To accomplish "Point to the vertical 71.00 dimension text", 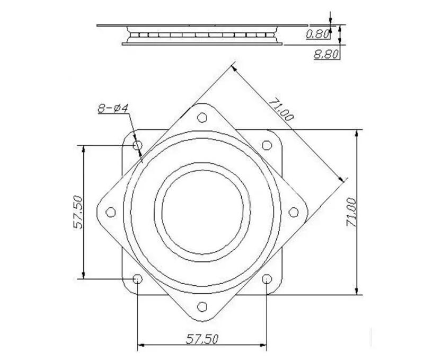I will (350, 212).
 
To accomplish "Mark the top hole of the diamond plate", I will (201, 118).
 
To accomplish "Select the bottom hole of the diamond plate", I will (201, 306).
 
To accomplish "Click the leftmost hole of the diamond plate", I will (110, 212).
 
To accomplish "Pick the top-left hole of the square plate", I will (137, 145).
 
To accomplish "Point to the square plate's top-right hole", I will (267, 145).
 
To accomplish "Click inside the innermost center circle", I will (202, 212).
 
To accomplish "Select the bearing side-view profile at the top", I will (202, 34).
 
